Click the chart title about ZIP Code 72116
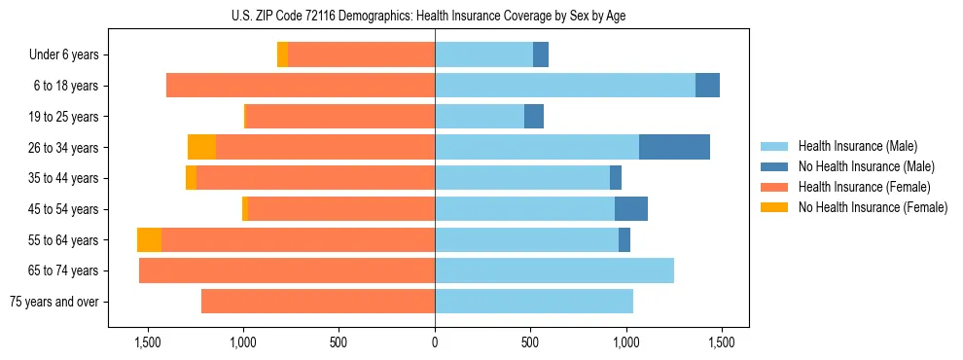click(435, 16)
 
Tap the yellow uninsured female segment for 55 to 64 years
click(149, 240)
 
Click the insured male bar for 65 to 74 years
click(554, 270)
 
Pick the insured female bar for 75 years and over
click(318, 302)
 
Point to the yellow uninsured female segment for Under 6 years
click(282, 54)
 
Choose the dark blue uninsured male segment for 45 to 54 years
click(631, 209)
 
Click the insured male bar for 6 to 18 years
click(565, 86)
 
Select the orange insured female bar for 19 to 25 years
click(340, 117)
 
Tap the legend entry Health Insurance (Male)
click(857, 146)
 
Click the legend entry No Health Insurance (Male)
click(866, 166)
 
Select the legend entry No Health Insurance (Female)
click(873, 207)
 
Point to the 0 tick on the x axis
click(435, 342)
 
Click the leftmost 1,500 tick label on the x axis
click(147, 342)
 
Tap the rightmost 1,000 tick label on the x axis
click(625, 342)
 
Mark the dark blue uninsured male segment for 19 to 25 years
click(534, 117)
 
